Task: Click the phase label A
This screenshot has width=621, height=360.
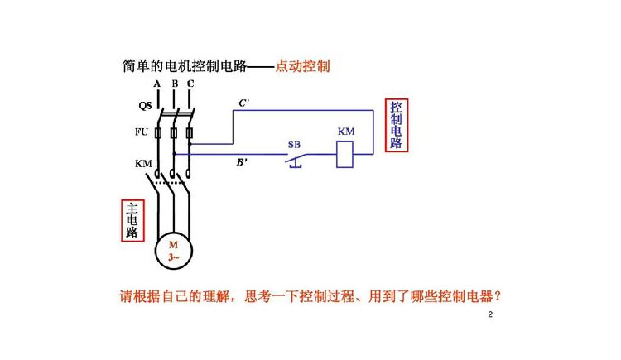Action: click(x=157, y=84)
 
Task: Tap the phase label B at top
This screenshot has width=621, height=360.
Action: click(x=175, y=84)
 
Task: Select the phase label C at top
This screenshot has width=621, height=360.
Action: click(x=190, y=84)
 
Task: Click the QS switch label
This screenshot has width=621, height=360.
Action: click(x=145, y=105)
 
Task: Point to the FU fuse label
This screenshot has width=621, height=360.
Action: click(x=142, y=132)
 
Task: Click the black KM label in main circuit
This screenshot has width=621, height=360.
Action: click(x=143, y=163)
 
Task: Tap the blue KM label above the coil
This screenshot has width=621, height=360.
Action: click(x=346, y=132)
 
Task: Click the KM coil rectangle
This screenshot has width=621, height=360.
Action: click(x=344, y=155)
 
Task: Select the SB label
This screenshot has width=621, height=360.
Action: click(x=294, y=145)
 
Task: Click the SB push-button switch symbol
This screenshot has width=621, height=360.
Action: click(x=296, y=160)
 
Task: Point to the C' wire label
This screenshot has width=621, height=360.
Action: click(x=243, y=103)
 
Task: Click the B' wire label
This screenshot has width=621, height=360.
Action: click(x=242, y=162)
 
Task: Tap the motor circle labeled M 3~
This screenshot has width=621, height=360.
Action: click(x=174, y=251)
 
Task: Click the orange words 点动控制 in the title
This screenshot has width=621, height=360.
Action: click(x=302, y=65)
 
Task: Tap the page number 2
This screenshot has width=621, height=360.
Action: click(x=490, y=314)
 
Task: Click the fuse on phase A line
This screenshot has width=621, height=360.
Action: click(x=158, y=133)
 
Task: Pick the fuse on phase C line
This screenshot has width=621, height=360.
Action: click(x=190, y=133)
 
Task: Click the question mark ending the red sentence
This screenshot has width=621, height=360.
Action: click(x=498, y=296)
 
